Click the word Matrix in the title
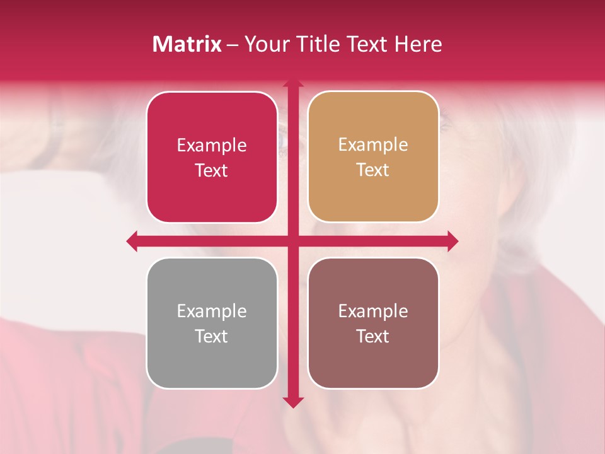tap(187, 44)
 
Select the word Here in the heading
tap(418, 44)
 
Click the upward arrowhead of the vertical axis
tap(293, 84)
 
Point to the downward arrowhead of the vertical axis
tap(293, 402)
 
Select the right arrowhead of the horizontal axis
tap(452, 241)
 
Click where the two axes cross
tap(293, 241)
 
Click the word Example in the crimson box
tap(212, 146)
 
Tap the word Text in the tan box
tap(373, 170)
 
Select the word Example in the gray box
tap(212, 311)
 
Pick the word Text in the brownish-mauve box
tap(373, 336)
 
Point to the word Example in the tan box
tap(373, 145)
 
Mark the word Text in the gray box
tap(212, 336)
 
